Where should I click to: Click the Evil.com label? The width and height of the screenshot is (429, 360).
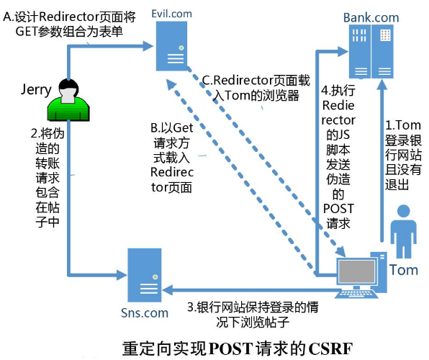point(171,14)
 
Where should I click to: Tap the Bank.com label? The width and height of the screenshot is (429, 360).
point(371,17)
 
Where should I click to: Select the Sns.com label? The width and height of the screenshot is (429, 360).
point(145,313)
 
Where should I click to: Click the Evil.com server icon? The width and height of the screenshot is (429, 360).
point(171,46)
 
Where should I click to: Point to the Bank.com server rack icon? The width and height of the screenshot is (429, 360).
point(371,51)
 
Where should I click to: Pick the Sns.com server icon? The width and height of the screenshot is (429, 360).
point(145,275)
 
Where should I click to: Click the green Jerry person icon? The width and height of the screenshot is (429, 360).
point(68,100)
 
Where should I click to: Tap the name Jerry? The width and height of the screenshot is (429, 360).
point(36,89)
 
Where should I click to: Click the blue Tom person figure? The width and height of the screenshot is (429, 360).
point(404,232)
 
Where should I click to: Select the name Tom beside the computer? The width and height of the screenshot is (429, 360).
point(404,270)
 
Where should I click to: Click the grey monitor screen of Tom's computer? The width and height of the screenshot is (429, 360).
point(356,271)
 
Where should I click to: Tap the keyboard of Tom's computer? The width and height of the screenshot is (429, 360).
point(357,294)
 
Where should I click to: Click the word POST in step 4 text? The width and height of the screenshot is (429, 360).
point(338,209)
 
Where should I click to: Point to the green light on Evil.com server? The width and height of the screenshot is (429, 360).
point(181,48)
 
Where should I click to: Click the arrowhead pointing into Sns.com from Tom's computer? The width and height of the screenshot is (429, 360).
point(168,289)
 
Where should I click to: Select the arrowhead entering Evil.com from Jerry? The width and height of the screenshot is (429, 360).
point(148,46)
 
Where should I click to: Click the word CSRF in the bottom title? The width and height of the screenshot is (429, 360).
point(330,348)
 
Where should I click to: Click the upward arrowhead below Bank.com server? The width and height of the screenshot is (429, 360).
point(382,85)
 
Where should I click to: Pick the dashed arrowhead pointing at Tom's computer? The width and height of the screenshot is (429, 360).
point(340,251)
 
